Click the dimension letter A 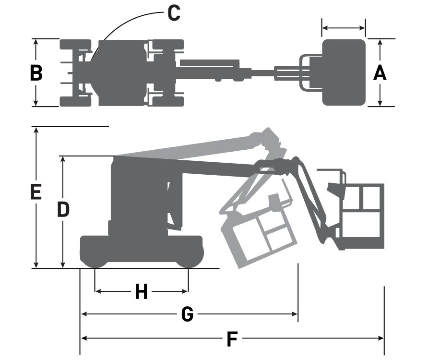[x=380, y=72]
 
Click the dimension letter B [x=36, y=73]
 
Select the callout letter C [x=174, y=13]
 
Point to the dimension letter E [x=36, y=192]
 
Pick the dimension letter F [x=232, y=339]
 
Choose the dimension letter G [x=187, y=314]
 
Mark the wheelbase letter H [x=142, y=291]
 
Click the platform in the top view [x=344, y=72]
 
